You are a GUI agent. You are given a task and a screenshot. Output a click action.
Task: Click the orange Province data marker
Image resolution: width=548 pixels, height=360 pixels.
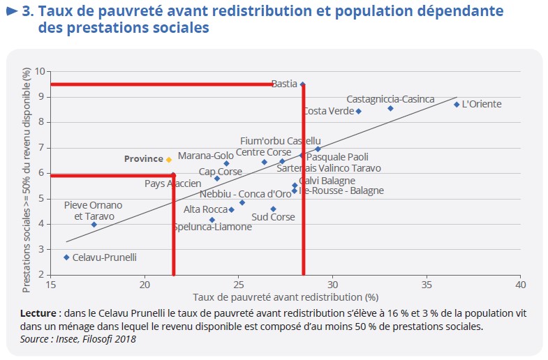tap(168, 160)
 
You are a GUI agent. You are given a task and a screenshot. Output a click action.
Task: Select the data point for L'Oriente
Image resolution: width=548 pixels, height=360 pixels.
tap(457, 105)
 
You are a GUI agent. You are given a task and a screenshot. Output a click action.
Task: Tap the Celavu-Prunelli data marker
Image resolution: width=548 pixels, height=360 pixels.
tap(66, 257)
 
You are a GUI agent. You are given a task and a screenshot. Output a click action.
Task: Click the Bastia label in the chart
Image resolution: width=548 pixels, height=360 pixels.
tap(284, 84)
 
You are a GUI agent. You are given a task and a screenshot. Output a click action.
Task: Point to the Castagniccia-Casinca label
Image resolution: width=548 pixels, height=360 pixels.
tap(390, 99)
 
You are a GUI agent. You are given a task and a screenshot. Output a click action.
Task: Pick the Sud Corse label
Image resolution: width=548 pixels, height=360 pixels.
tap(274, 217)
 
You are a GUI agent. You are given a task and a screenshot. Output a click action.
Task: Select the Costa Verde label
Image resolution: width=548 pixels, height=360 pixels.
tap(328, 111)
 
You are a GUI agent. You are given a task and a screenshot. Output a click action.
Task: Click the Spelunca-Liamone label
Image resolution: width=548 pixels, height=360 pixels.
tap(212, 227)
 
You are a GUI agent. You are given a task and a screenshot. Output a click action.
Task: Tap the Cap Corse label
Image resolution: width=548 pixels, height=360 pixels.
tap(221, 172)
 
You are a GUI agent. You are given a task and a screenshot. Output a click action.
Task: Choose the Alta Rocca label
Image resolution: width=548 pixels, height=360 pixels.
tap(205, 209)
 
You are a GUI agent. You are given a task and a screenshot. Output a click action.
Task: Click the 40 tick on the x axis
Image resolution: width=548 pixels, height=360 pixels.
tap(520, 285)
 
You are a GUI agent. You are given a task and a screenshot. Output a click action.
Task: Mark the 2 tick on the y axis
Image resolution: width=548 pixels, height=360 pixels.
tap(42, 274)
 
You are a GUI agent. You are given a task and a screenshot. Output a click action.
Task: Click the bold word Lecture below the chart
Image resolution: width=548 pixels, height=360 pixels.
tap(38, 314)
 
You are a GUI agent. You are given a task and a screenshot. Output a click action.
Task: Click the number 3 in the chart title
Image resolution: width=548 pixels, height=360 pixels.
tap(27, 12)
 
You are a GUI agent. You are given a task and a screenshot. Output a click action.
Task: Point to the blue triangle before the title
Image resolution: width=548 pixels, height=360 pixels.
tap(11, 12)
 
